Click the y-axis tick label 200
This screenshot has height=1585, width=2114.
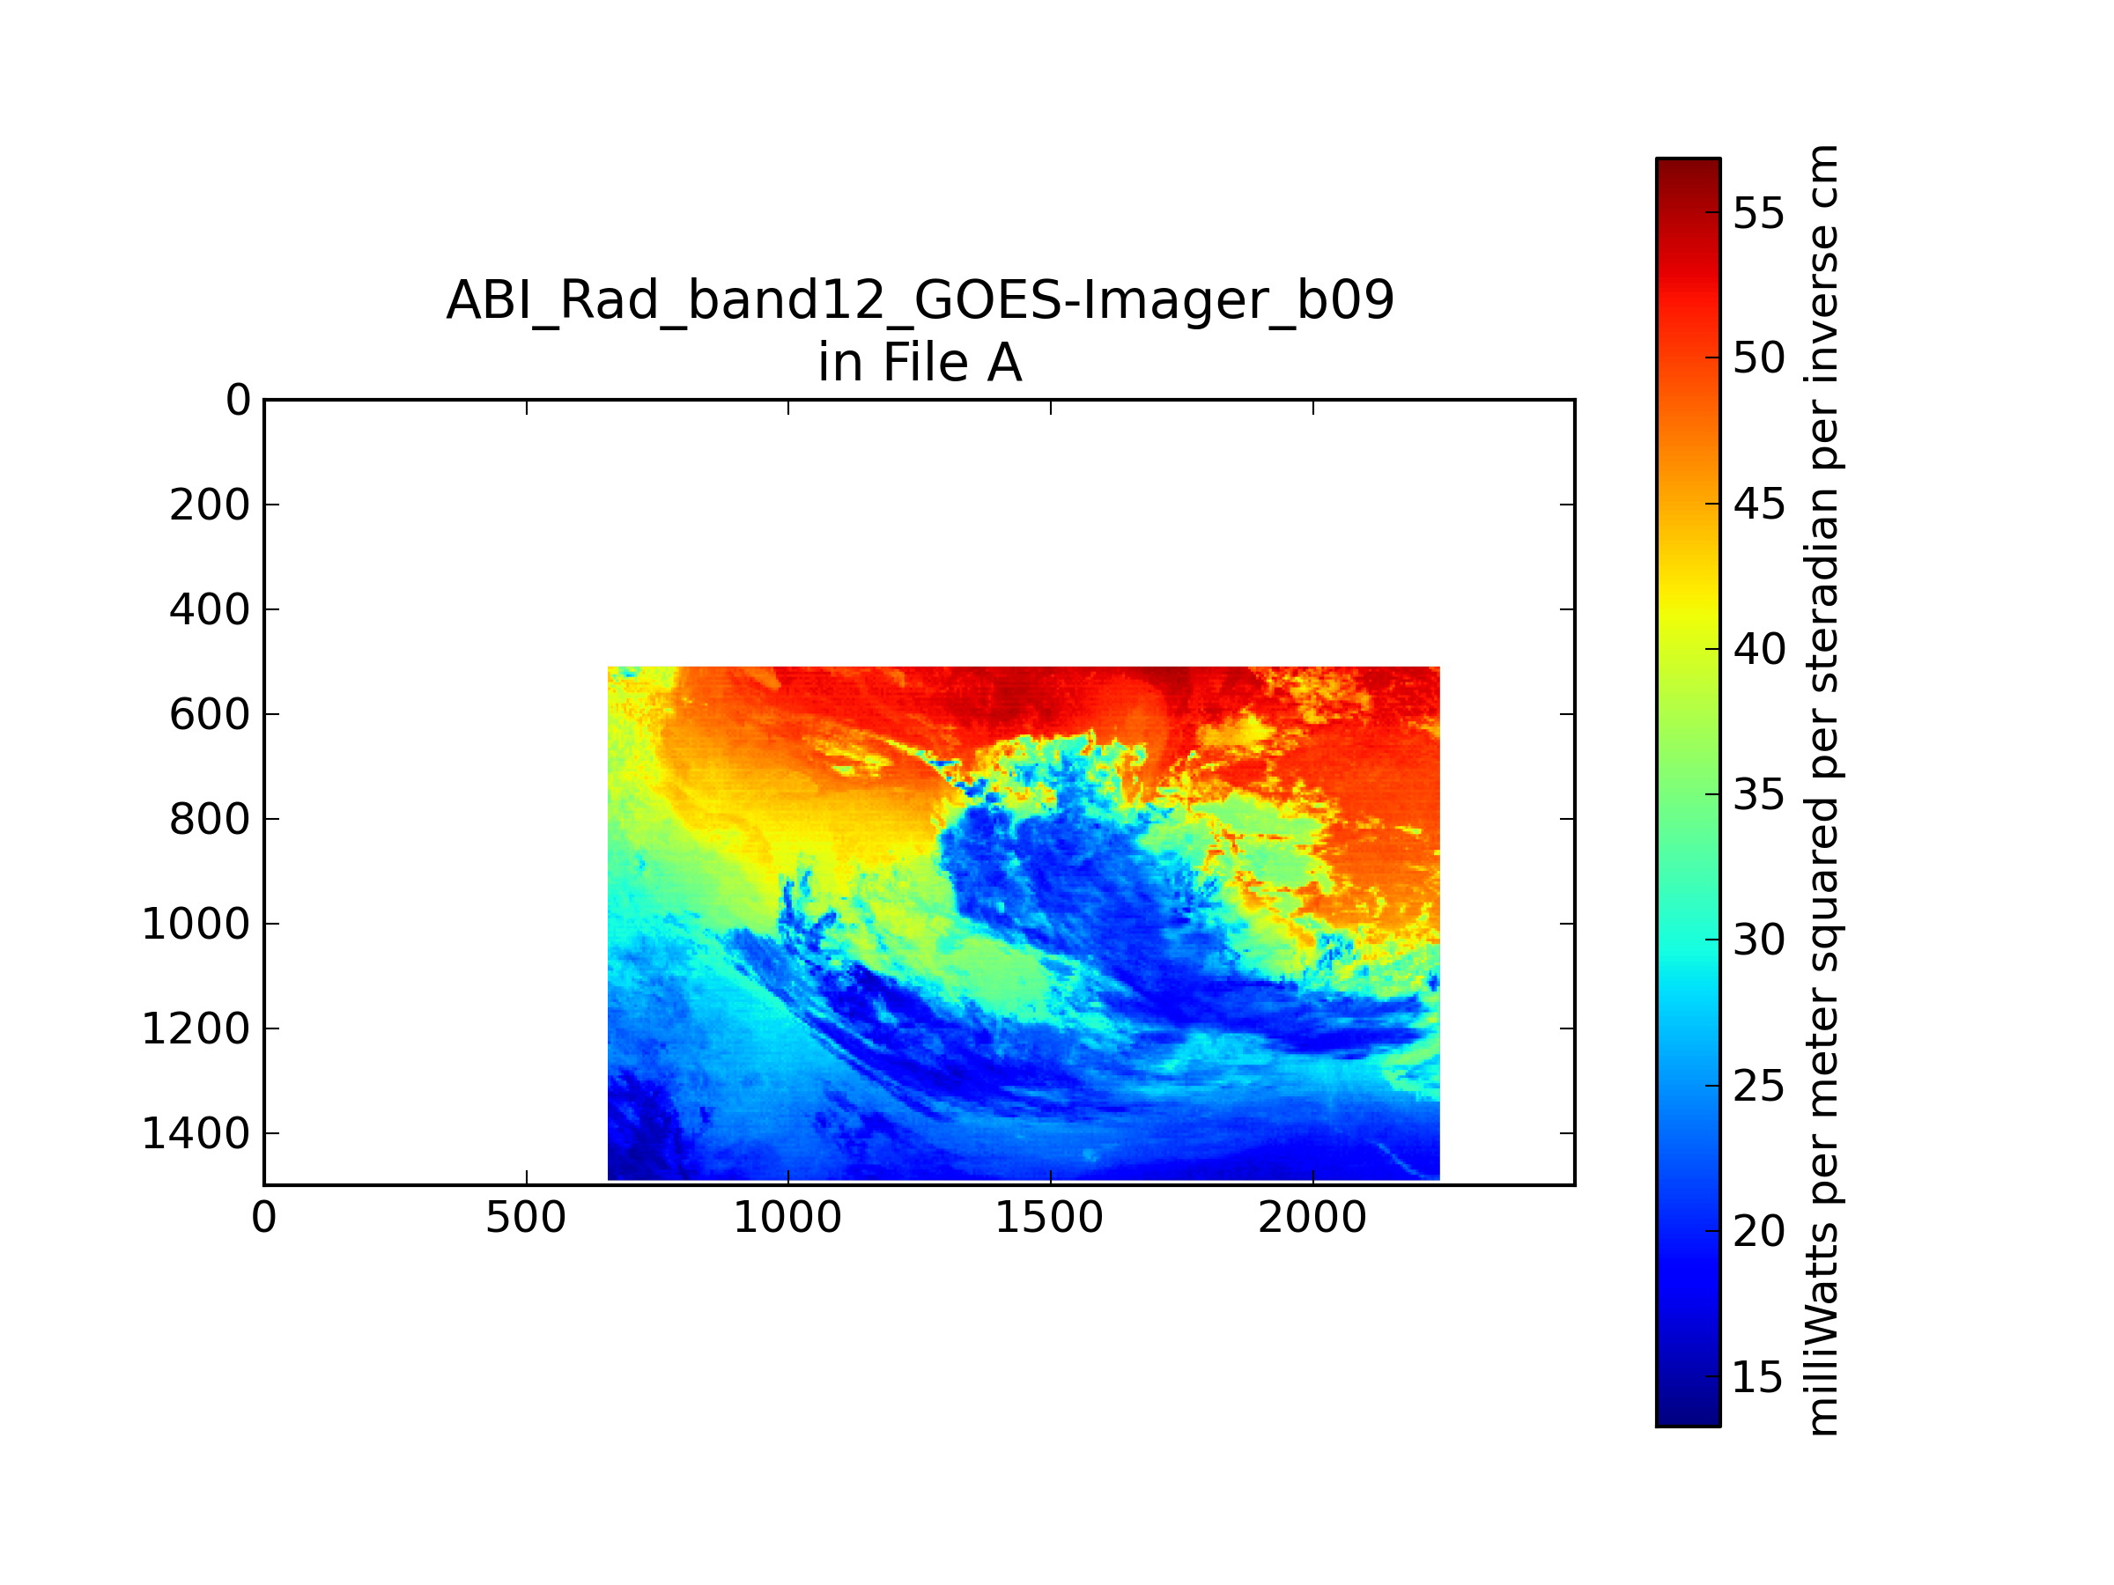210,505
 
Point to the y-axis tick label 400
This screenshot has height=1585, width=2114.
210,610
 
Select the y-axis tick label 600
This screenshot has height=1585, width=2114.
210,715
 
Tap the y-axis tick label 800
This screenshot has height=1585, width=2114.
210,820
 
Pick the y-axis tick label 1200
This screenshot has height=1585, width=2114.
196,1029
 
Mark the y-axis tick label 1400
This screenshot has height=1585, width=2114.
196,1134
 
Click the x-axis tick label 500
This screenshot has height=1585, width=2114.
526,1218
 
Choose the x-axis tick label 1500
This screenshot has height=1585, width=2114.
1049,1218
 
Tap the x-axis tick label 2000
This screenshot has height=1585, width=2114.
1312,1218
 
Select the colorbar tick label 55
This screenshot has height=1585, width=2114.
1758,214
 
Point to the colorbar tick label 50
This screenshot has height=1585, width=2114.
1758,359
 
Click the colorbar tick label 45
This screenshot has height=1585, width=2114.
1758,505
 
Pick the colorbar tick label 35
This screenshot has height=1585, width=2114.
1758,795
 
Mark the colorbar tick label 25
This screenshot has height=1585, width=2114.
1758,1087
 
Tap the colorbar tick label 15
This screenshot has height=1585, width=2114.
1758,1376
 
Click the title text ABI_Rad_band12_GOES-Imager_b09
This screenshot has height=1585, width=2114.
920,300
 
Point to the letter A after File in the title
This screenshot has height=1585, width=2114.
1004,362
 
